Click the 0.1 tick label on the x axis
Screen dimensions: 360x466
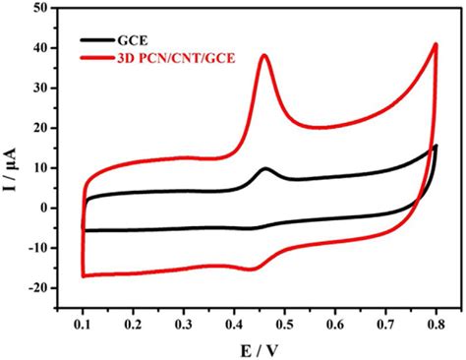tap(83, 321)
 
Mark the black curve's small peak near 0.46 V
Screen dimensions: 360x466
tap(264, 169)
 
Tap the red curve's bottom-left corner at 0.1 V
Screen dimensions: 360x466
tap(84, 275)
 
